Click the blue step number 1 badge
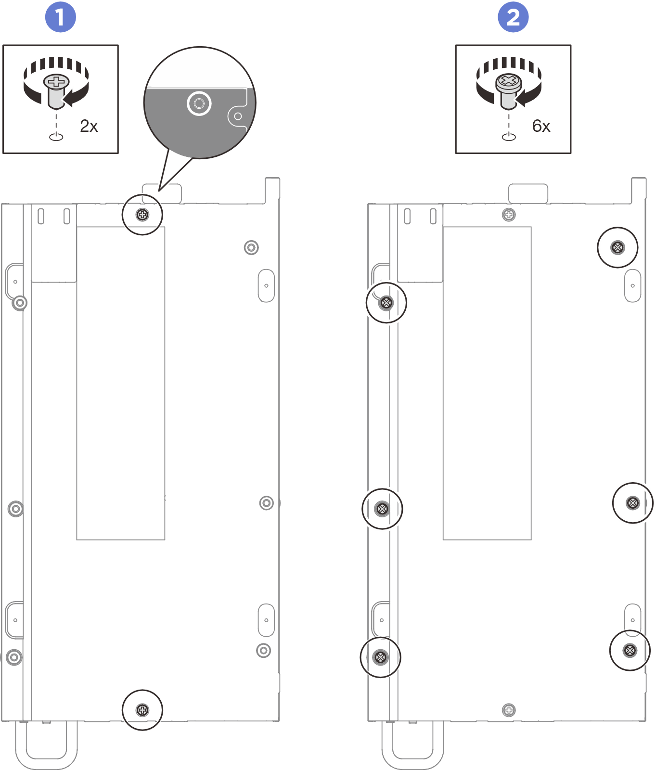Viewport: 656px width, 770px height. tap(61, 17)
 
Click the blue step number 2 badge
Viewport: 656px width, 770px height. tap(513, 17)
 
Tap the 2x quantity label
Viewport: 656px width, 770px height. tap(89, 126)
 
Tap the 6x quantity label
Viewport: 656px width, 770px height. tap(541, 126)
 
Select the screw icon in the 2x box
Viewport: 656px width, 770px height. tap(56, 91)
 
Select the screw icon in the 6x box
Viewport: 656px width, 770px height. tap(509, 91)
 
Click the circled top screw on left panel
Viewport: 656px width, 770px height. tap(142, 215)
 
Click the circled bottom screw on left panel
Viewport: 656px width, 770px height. tap(142, 710)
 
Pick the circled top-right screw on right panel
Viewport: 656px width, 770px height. tap(617, 247)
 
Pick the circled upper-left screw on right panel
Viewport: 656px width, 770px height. tap(386, 303)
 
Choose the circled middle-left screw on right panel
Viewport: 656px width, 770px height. tap(382, 509)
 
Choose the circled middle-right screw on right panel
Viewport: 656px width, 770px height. tap(633, 503)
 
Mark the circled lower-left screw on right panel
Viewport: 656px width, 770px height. tap(380, 657)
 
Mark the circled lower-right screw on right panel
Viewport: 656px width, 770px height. tap(630, 651)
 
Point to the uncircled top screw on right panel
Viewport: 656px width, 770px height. tap(509, 215)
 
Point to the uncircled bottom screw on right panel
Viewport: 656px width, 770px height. tap(509, 710)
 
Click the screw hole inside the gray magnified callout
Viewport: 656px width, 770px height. tap(199, 103)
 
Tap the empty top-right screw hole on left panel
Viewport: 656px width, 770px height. tap(251, 247)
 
